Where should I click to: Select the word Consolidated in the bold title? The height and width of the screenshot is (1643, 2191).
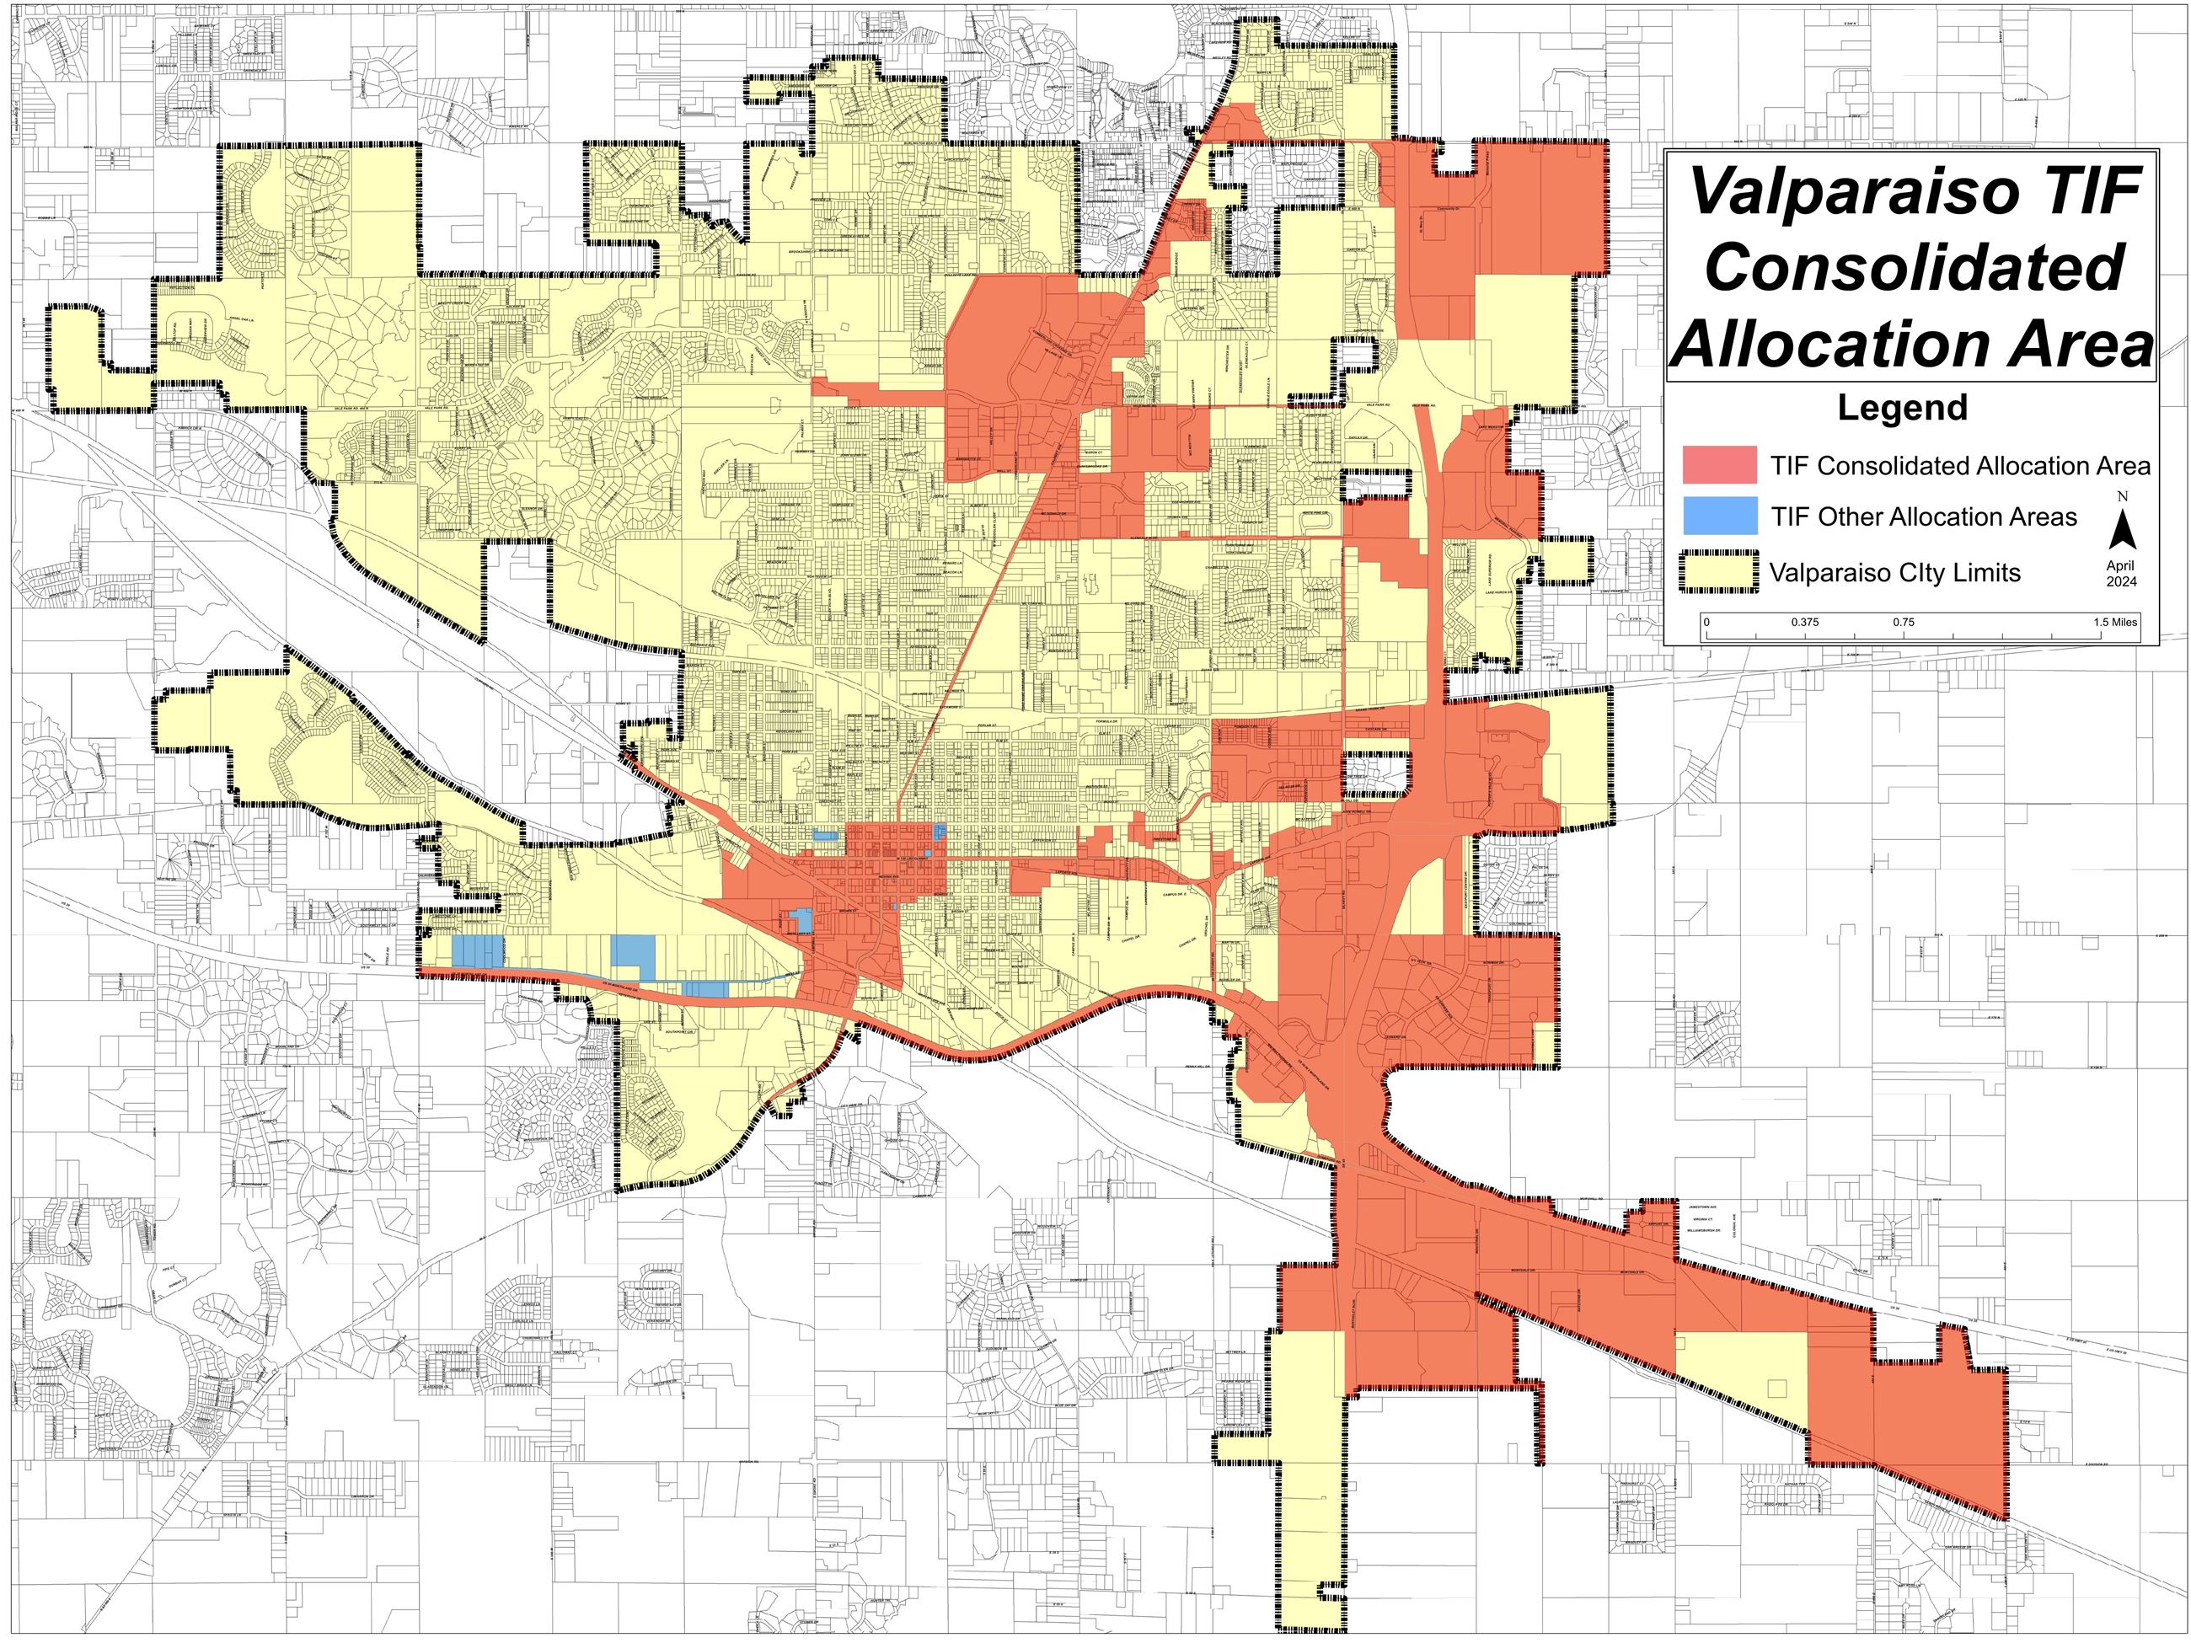[1915, 267]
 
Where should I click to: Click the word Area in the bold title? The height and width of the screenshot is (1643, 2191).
[2084, 344]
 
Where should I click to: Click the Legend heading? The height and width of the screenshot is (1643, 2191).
[1903, 408]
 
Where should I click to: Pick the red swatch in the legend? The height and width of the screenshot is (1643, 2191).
[1720, 464]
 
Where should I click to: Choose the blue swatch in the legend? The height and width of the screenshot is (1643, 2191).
[1720, 516]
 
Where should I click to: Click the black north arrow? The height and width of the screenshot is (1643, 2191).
[2122, 531]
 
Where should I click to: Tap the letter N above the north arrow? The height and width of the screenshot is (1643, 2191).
[2122, 496]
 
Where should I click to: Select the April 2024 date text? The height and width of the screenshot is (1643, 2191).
[2121, 574]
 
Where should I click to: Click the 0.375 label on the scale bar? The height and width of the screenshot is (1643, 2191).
[1805, 623]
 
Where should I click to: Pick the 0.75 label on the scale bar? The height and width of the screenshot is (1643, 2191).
[1904, 623]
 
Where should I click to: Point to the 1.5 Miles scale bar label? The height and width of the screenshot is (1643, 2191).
[2114, 623]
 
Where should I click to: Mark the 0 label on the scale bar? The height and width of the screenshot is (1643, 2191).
[1706, 623]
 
